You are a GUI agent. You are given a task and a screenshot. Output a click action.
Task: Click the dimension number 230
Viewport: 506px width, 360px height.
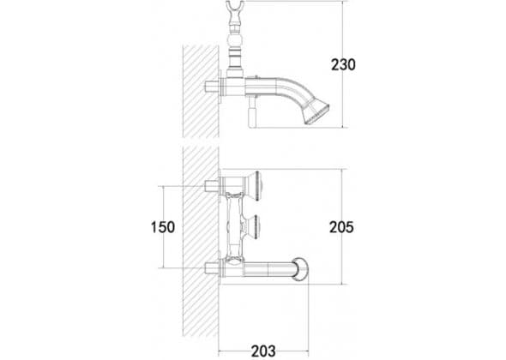pyautogui.click(x=343, y=64)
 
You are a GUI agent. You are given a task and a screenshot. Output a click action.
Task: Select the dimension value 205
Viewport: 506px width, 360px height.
pyautogui.click(x=341, y=227)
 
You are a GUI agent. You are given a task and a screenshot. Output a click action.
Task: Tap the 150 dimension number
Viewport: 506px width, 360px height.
pyautogui.click(x=163, y=227)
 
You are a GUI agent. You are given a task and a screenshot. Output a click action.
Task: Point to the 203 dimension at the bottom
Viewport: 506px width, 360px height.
pyautogui.click(x=263, y=351)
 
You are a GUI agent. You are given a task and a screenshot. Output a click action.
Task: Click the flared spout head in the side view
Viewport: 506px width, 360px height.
pyautogui.click(x=316, y=112)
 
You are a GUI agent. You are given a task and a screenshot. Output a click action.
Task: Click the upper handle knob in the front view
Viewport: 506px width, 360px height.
pyautogui.click(x=254, y=186)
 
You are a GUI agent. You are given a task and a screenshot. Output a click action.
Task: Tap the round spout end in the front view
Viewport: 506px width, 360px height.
pyautogui.click(x=301, y=268)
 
